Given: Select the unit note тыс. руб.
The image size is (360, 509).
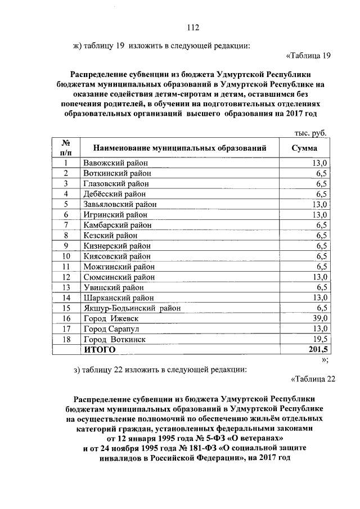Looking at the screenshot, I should click(x=310, y=133).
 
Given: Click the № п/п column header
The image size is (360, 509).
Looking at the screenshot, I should click(x=66, y=147).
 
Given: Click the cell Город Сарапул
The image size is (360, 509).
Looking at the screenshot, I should click(x=111, y=329).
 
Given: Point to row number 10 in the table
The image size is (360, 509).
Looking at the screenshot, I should click(x=66, y=256).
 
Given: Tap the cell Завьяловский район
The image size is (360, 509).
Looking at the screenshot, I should click(x=120, y=204).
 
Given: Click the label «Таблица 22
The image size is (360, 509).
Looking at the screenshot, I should click(x=313, y=379).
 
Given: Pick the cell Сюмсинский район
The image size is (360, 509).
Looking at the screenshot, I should click(x=119, y=277).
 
